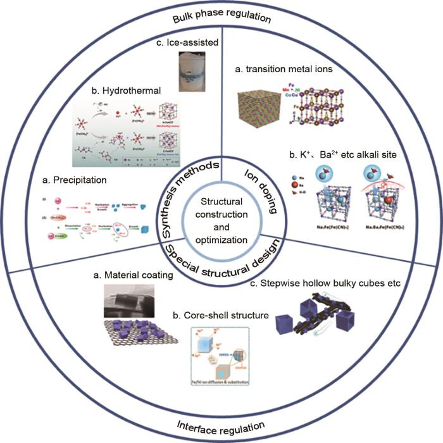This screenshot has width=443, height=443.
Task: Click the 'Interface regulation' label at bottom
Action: click(221, 428)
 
